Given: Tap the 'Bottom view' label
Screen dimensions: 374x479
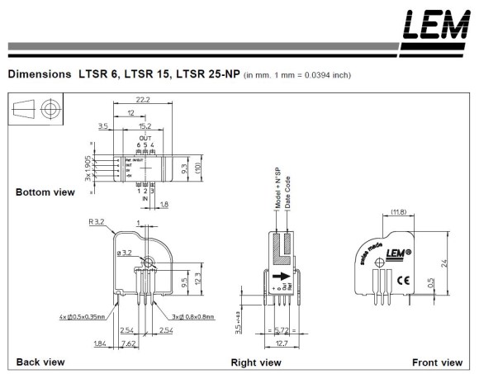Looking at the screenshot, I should [x=45, y=192].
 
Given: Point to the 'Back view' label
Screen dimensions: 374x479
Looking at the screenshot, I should [x=40, y=362].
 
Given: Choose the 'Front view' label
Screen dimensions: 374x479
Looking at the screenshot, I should [x=437, y=362].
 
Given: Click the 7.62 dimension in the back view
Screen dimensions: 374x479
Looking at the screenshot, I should [x=129, y=343].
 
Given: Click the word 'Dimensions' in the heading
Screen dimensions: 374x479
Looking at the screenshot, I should [x=38, y=73].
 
